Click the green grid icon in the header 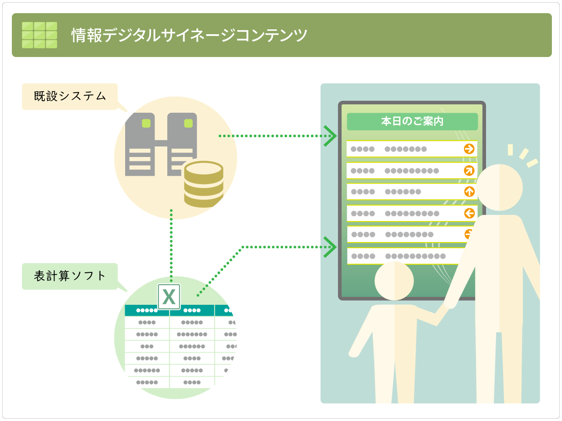[40, 35]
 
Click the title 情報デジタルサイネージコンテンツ [189, 35]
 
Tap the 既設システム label [70, 96]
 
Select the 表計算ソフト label [70, 276]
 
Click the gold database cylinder [204, 184]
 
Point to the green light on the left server [146, 124]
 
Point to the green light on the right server [188, 124]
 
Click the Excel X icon [169, 297]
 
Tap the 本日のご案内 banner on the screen [412, 121]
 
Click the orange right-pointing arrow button [469, 149]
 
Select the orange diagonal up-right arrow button [469, 171]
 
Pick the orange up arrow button [469, 192]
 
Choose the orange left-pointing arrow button [469, 213]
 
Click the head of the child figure [394, 281]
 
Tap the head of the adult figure [499, 187]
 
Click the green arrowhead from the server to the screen [330, 136]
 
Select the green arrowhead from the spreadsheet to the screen [330, 247]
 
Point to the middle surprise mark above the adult [524, 153]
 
